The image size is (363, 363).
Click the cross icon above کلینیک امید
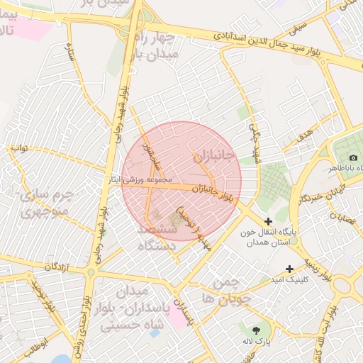[289, 269]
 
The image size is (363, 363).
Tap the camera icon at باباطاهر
[353, 157]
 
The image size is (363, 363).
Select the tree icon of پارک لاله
[255, 330]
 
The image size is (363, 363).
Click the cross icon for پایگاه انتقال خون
[268, 222]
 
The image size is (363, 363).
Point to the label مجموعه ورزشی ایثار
[150, 180]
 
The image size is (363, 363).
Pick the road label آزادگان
[60, 266]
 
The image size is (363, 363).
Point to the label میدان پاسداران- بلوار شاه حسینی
[128, 308]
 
